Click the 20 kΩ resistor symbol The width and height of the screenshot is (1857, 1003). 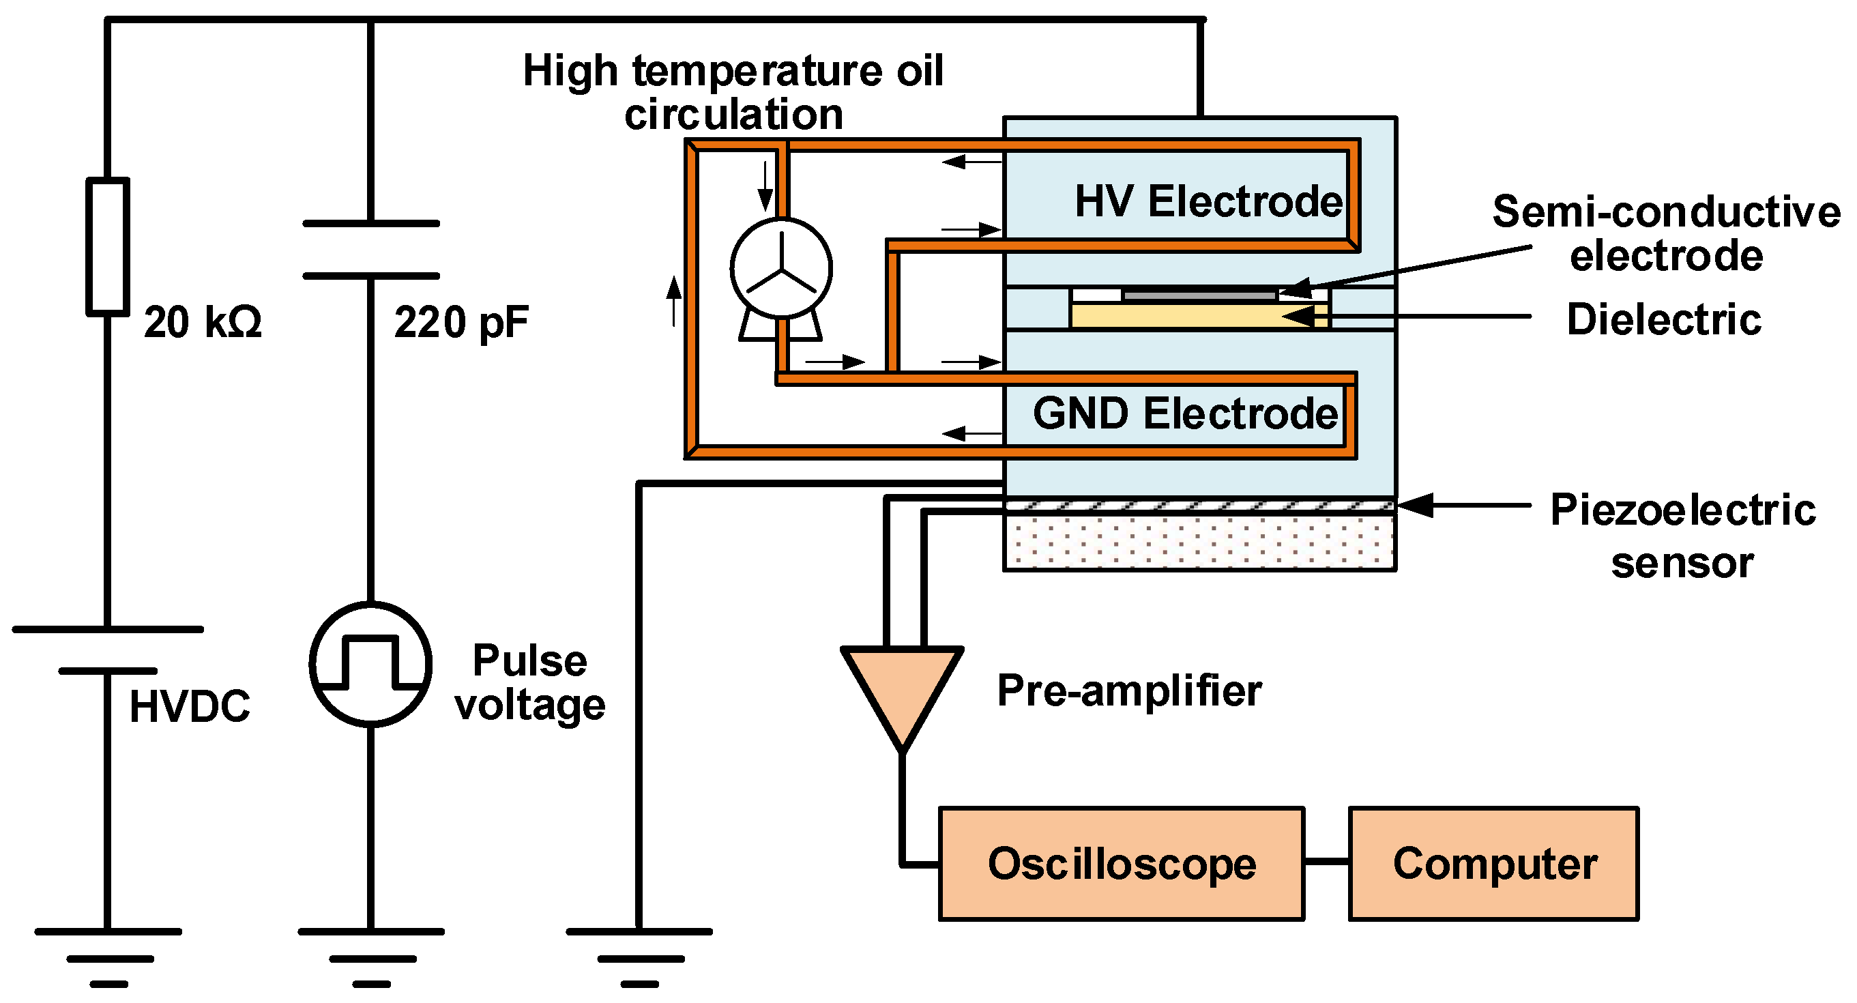pos(108,246)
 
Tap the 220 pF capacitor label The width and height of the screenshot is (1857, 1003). pos(461,322)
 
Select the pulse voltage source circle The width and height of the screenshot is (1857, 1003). pos(370,663)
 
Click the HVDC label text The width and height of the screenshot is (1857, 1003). pos(190,707)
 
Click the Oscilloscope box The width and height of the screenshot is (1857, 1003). pos(1121,864)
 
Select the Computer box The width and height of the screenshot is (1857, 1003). pos(1494,864)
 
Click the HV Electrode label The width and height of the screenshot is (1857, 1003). pos(1208,201)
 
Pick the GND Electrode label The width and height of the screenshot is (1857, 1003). pos(1185,414)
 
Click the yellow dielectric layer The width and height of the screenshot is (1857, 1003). pos(1190,316)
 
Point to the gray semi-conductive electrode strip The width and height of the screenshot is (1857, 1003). pos(1199,295)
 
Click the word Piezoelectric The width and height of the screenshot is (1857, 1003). pos(1682,510)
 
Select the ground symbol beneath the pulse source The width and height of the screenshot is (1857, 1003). pos(370,956)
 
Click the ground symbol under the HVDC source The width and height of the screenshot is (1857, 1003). pos(108,956)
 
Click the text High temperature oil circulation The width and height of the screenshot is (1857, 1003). pos(733,92)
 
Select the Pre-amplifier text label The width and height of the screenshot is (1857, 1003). pos(1129,691)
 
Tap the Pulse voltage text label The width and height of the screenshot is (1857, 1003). pos(530,682)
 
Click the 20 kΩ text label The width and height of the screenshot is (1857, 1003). pos(203,322)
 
